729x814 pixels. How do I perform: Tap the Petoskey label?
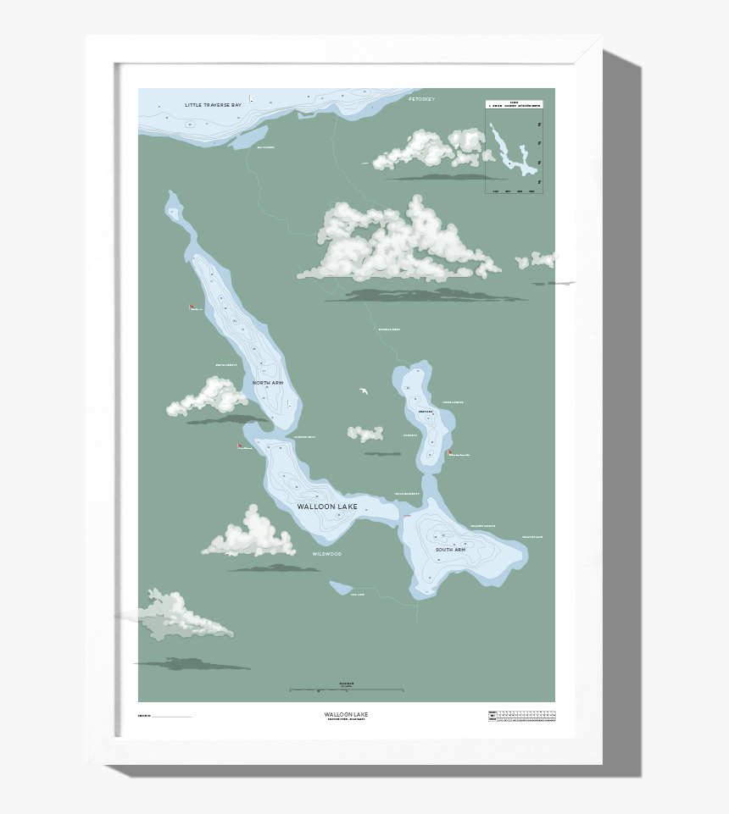point(420,100)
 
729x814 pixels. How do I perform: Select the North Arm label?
point(268,384)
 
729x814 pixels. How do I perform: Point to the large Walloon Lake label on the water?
point(327,507)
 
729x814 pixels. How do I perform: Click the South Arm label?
point(450,551)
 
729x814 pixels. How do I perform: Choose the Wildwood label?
point(326,554)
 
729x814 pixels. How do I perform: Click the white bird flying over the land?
point(364,391)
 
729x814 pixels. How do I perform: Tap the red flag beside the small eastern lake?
point(449,453)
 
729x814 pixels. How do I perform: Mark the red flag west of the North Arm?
point(192,307)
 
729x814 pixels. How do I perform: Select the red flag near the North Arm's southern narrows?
point(240,446)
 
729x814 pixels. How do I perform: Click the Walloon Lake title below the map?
point(346,714)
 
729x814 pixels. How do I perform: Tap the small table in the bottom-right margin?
point(521,716)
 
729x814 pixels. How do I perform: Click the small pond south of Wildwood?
point(341,587)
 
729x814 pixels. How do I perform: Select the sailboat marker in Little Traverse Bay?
point(251,100)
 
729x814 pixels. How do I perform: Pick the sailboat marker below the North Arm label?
point(289,405)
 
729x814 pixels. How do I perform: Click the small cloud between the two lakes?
point(365,434)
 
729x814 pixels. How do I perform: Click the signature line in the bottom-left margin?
point(172,717)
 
